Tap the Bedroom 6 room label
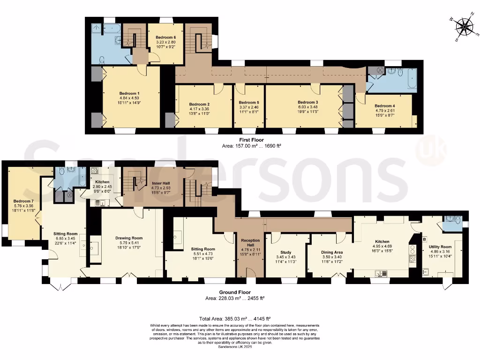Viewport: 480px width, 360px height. point(165,37)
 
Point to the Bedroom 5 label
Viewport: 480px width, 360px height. point(248,103)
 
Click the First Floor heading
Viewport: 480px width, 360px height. point(251,140)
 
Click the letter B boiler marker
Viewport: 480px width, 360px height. point(425,239)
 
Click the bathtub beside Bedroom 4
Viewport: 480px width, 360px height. point(412,79)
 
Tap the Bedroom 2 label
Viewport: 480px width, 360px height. point(199,104)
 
